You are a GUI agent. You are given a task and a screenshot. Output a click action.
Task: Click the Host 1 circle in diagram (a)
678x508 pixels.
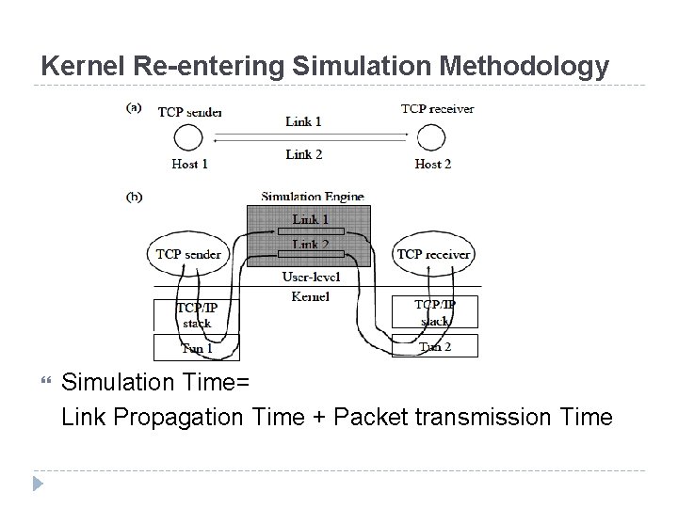point(188,139)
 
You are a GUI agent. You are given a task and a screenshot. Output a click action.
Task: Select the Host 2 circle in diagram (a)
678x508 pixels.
point(431,139)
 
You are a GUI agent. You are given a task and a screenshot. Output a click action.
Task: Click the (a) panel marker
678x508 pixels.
point(135,107)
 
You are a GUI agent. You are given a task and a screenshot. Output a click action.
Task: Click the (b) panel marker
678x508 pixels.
point(135,198)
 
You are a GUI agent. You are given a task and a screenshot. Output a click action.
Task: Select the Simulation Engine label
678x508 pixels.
point(313,197)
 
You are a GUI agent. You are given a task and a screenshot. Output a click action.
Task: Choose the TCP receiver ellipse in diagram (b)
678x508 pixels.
point(434,254)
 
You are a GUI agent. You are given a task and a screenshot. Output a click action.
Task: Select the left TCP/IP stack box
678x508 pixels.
point(196,314)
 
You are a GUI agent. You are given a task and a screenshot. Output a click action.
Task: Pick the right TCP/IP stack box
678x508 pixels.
point(434,312)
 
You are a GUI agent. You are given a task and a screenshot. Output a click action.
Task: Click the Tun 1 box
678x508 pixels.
point(196,347)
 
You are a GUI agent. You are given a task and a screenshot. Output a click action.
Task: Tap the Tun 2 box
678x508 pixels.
point(434,346)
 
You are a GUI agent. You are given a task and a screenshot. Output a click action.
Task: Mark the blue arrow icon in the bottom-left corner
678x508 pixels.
point(39,484)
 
